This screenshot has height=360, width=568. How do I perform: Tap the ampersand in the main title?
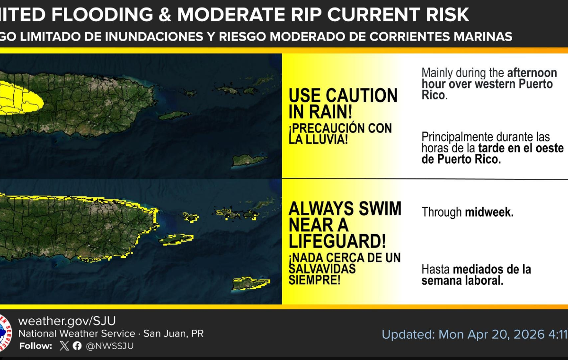pos(165,15)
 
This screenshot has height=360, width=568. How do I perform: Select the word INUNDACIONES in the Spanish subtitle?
pos(154,36)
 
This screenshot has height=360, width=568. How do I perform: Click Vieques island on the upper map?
pos(175,115)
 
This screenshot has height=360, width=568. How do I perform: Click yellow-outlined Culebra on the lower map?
pos(191,217)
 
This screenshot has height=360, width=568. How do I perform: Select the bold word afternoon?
pos(532,73)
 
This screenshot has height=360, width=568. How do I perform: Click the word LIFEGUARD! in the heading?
pos(337,241)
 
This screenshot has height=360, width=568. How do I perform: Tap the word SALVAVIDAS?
pos(322,269)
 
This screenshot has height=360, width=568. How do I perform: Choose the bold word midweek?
pos(489,212)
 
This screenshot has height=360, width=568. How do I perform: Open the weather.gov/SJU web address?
pos(67,321)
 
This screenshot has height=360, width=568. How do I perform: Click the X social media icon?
pos(64,345)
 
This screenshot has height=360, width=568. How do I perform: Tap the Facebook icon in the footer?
pos(77,346)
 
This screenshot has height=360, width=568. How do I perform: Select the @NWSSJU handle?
pos(109,346)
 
